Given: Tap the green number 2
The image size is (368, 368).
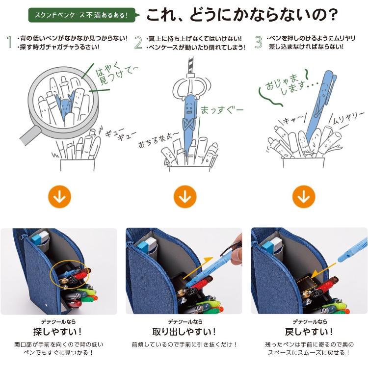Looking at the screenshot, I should point(139,42).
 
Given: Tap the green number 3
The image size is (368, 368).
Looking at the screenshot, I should point(259,42).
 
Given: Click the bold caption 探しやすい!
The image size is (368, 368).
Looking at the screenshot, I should point(59,331).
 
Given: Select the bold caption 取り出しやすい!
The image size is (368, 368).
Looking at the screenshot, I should point(184,331).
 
